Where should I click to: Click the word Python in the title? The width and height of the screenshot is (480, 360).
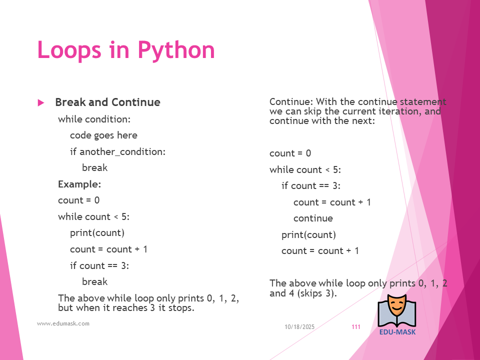[x=176, y=50]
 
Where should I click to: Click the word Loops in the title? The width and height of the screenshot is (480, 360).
[x=69, y=49]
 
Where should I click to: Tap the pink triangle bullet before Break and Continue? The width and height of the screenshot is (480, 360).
[x=41, y=102]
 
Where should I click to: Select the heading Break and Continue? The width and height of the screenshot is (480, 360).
[x=108, y=102]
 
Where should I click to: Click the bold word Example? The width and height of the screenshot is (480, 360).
[x=79, y=184]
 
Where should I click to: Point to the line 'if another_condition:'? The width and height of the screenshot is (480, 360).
[x=118, y=151]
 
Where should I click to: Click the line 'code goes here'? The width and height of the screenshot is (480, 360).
[x=104, y=135]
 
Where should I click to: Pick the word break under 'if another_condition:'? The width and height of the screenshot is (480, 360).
[x=95, y=167]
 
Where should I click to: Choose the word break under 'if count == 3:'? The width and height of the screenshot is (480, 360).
[x=95, y=281]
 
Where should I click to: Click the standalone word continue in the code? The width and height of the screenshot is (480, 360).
[x=313, y=218]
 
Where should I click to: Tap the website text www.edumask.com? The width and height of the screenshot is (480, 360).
[x=63, y=323]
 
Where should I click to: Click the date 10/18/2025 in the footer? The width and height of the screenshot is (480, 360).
[x=299, y=327]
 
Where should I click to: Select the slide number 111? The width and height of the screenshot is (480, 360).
[x=356, y=327]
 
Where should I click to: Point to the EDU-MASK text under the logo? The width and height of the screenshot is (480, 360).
[x=397, y=332]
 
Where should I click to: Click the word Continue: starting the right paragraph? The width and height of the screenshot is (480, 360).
[x=291, y=101]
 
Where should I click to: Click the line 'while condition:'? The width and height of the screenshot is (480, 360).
[x=94, y=119]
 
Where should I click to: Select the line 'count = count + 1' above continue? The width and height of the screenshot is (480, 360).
[x=332, y=202]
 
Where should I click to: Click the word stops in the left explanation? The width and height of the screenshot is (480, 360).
[x=181, y=307]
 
